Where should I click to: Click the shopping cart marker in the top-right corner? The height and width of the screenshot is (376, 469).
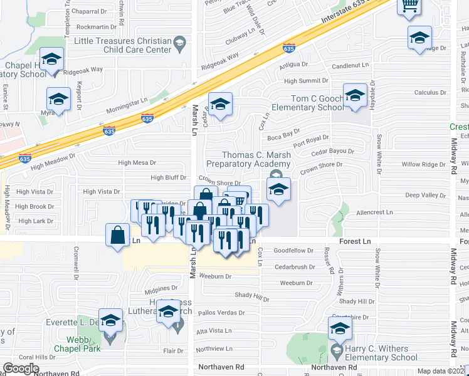409,6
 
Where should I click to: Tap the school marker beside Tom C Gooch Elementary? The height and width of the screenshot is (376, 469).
355,97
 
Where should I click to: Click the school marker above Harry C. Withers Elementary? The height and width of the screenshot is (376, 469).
340,328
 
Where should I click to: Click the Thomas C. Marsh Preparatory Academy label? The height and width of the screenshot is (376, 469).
257,160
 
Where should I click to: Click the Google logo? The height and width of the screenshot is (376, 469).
21,368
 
